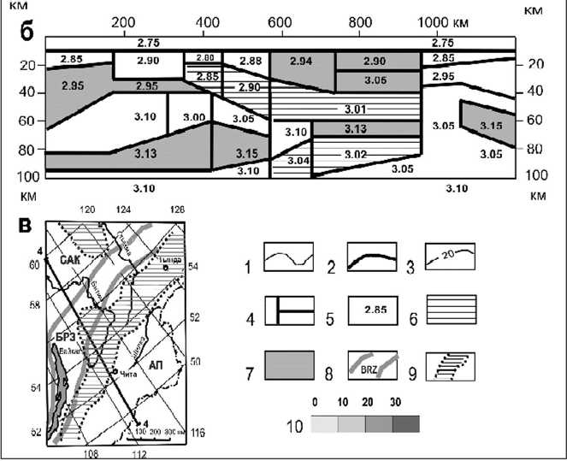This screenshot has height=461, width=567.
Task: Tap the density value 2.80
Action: (x=204, y=57)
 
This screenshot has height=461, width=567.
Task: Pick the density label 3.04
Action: (x=298, y=161)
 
